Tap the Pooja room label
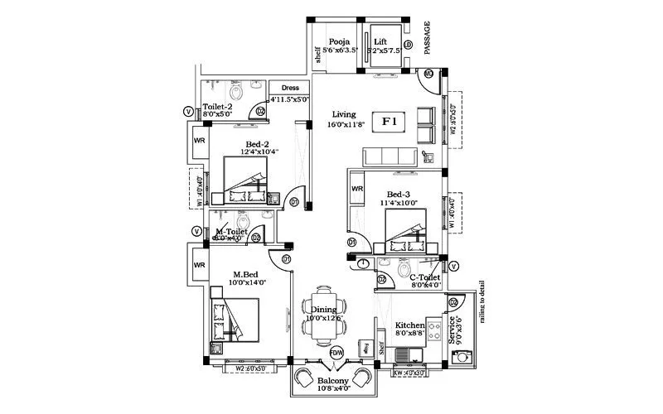point(338,42)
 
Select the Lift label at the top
point(380,42)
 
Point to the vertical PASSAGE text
point(428,38)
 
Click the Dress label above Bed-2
point(290,88)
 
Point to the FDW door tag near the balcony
point(336,352)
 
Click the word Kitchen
point(409,325)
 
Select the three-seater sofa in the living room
point(391,157)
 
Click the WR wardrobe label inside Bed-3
point(357,189)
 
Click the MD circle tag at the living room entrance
point(428,74)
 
